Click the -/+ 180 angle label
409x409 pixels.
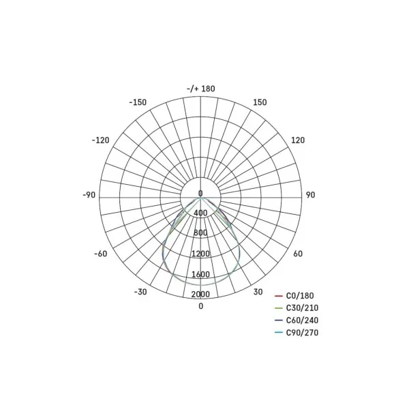(x=201, y=89)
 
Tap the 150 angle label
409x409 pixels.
(x=260, y=102)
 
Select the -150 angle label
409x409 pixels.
(x=138, y=102)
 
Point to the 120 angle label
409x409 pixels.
(x=298, y=140)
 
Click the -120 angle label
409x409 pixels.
(x=100, y=140)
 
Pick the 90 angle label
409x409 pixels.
(x=310, y=195)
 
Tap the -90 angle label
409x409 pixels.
(x=89, y=195)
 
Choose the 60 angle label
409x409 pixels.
(x=298, y=254)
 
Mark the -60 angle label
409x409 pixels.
(x=101, y=254)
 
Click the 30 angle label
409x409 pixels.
(x=258, y=292)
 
